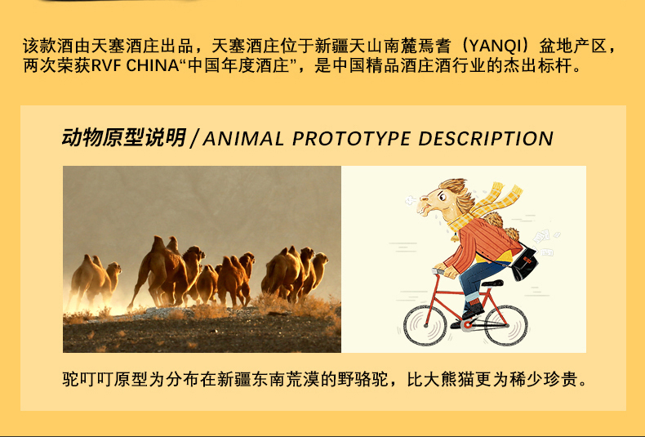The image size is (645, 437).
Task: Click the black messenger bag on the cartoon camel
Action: pos(523,264)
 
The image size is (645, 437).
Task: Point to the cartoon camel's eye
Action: pos(442,197)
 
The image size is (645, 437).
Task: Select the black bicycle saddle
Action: pos(492,283)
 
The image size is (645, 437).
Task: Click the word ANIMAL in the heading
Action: pos(243,139)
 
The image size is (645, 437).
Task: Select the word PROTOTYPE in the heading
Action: pos(351,139)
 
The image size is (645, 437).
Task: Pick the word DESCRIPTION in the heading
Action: pos(486,139)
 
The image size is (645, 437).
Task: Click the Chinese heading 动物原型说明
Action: pos(124,137)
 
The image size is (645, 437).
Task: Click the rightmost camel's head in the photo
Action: pos(320,258)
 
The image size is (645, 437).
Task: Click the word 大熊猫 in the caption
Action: pos(449,379)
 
